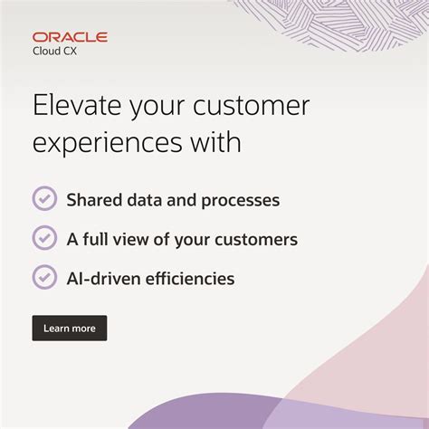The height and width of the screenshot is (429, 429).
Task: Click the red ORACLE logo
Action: pos(70,37)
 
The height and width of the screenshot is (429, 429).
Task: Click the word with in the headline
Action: pos(217,142)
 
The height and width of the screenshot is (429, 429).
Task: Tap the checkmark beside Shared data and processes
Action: pos(44,199)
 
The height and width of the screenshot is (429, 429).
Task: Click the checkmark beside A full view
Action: pos(44,238)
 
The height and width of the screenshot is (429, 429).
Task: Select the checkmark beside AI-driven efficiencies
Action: pos(44,277)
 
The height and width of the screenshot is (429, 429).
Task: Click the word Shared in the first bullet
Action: pos(92,200)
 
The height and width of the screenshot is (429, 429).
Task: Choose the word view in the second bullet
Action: pos(137,240)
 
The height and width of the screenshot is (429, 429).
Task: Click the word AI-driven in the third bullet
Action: pos(102,279)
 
